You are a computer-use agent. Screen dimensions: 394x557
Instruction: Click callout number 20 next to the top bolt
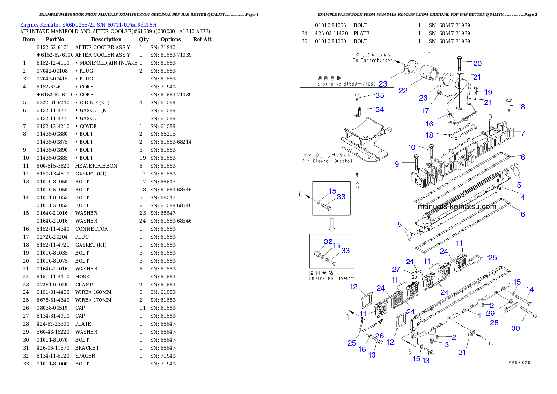(477, 63)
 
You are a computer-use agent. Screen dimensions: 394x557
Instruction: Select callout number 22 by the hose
(403, 91)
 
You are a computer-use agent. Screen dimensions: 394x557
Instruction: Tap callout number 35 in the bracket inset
(380, 96)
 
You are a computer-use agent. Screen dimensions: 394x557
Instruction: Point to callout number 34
(380, 109)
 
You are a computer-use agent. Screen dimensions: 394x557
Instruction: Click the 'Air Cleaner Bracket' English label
(327, 161)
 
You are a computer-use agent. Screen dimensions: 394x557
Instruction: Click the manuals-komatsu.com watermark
(456, 206)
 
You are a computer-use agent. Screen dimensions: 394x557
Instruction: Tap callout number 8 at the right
(523, 107)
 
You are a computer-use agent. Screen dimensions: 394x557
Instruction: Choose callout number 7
(523, 133)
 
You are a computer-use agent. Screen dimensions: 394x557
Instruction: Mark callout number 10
(411, 147)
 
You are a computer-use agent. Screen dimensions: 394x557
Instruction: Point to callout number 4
(523, 197)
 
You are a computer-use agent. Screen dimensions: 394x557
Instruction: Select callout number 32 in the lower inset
(328, 241)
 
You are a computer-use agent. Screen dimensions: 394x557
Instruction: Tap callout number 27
(396, 270)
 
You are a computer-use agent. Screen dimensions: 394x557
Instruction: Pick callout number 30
(515, 328)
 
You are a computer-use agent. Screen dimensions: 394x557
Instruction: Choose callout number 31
(462, 352)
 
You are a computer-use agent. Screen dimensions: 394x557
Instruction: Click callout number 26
(379, 336)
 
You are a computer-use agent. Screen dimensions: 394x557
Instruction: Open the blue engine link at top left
(88, 25)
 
